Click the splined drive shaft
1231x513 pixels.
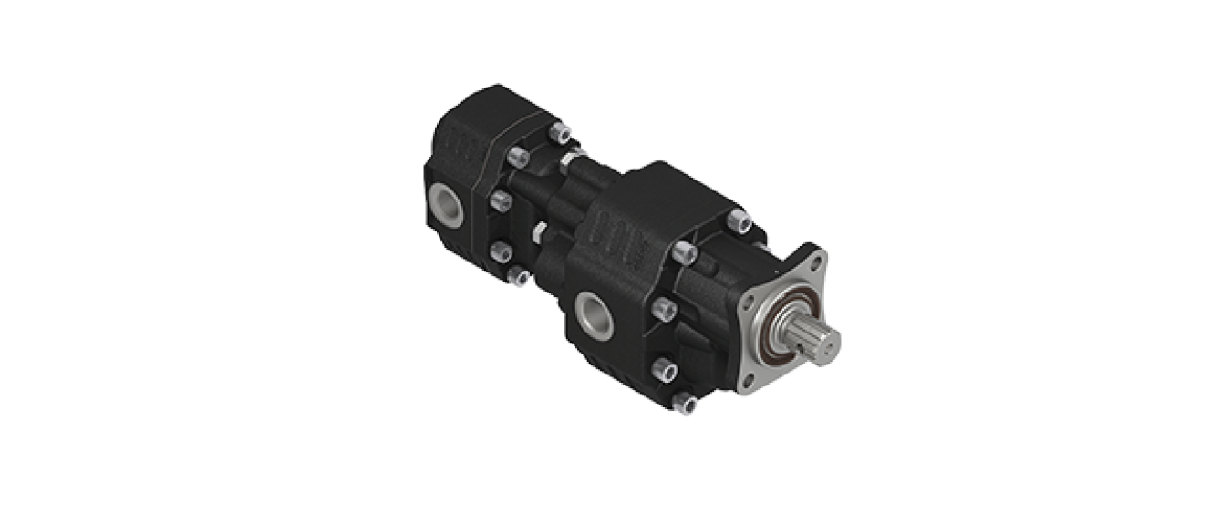click(817, 338)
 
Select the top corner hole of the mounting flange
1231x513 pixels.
click(815, 261)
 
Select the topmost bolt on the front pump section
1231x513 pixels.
click(739, 221)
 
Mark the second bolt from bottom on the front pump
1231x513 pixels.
click(663, 369)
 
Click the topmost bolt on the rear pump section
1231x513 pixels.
click(561, 134)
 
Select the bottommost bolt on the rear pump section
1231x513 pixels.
click(519, 275)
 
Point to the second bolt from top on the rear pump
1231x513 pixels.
click(517, 158)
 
